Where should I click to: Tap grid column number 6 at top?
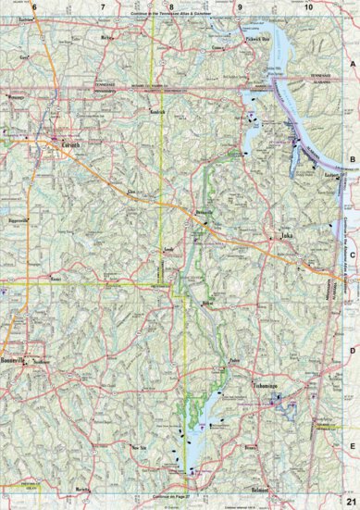pyautogui.click(x=33, y=7)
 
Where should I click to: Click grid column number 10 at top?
pyautogui.click(x=307, y=7)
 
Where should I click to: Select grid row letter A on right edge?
pyautogui.click(x=353, y=62)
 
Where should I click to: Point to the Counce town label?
pyautogui.click(x=217, y=45)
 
